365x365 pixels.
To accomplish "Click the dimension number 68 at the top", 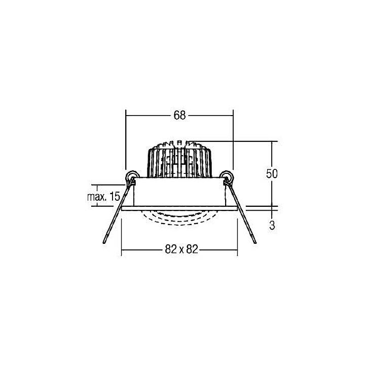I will click(179, 115).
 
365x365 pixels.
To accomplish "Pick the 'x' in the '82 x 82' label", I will click(179, 249).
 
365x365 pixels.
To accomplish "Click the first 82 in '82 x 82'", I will click(170, 249).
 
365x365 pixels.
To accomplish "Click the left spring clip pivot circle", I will click(132, 176).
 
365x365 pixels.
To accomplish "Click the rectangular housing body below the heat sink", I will click(179, 193).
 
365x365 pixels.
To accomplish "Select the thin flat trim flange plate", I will click(179, 208).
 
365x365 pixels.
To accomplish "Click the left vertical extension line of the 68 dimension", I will click(125, 142).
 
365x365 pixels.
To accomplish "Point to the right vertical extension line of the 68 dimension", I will click(233, 142).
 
